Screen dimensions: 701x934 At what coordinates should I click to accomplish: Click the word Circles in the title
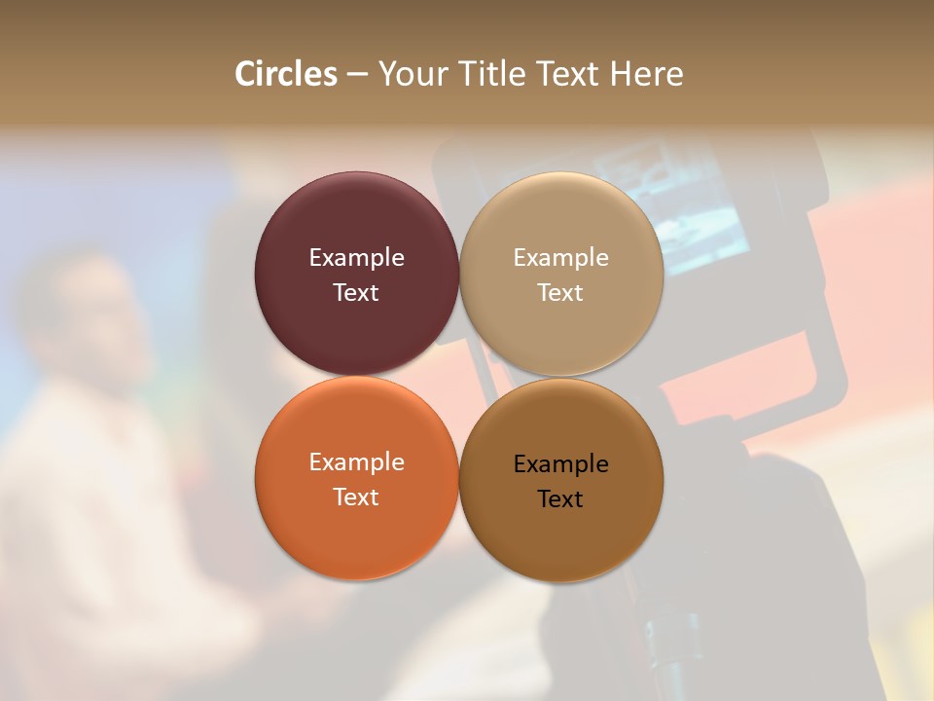tap(285, 74)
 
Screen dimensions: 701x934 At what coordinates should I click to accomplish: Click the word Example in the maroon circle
tap(356, 258)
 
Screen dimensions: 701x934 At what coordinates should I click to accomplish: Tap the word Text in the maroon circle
tap(356, 293)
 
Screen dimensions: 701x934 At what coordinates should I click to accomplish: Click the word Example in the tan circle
tap(560, 258)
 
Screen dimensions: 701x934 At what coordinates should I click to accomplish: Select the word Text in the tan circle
tap(560, 293)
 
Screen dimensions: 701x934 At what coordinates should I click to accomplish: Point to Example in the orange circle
tap(356, 462)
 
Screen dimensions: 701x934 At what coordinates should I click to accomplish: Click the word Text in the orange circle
tap(356, 498)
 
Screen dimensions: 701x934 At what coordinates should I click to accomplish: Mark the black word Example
tap(560, 464)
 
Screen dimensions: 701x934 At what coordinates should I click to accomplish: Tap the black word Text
tap(560, 499)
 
